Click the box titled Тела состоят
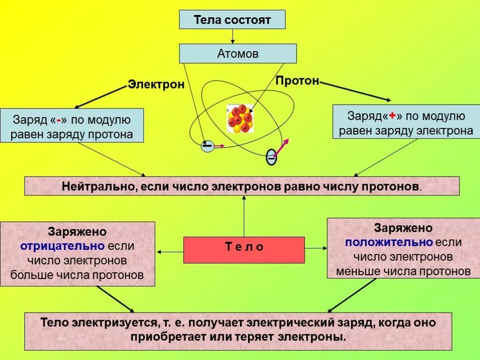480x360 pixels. (x=232, y=20)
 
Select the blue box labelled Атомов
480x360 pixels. (x=238, y=54)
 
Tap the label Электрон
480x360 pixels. (x=156, y=85)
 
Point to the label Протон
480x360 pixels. (x=297, y=81)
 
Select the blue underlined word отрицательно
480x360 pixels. (x=63, y=246)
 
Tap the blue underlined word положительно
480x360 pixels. (x=389, y=242)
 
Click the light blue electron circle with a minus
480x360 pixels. (x=207, y=146)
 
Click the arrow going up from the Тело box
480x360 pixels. (x=244, y=216)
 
